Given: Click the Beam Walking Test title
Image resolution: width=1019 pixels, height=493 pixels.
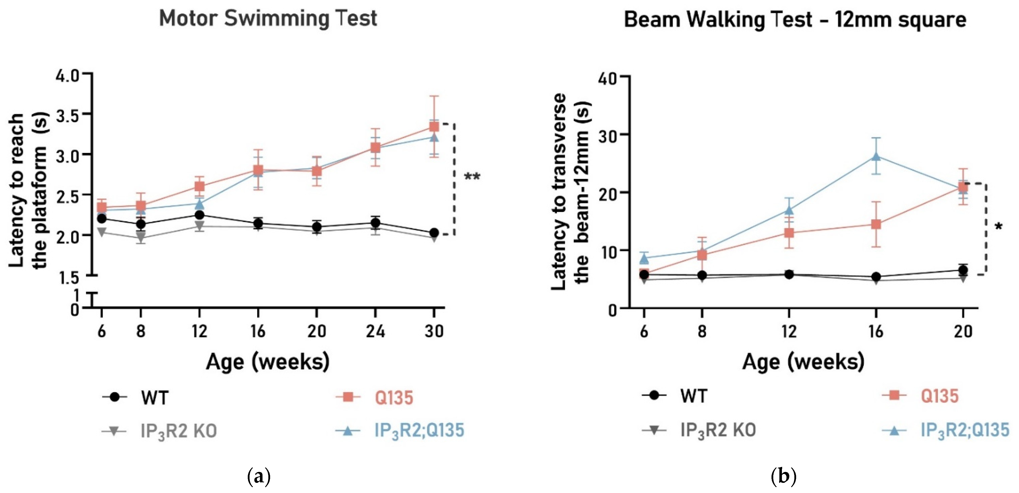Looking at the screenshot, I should tap(795, 20).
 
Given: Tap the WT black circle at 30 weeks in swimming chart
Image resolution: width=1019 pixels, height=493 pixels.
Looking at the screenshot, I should tap(434, 233).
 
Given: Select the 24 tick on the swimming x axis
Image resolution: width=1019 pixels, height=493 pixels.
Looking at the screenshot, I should tap(375, 331).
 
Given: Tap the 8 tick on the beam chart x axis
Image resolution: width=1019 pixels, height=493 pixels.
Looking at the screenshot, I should tap(702, 331).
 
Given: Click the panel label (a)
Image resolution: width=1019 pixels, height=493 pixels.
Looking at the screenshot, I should tap(259, 477).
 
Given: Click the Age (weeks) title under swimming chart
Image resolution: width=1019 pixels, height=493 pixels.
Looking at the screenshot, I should tap(268, 362).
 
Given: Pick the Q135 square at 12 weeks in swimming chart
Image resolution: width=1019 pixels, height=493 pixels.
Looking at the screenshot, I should tap(199, 186).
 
